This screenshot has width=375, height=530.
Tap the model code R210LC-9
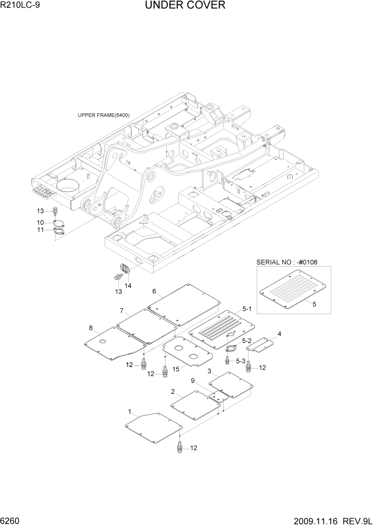[21, 6]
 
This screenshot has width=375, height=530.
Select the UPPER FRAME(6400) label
[104, 115]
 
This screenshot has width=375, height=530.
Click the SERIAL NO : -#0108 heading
[287, 262]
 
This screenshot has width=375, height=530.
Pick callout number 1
[130, 412]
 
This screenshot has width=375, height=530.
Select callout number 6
[154, 292]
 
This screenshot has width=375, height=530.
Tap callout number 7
[122, 311]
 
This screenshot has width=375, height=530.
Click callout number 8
[91, 328]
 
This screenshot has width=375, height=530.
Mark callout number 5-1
[247, 308]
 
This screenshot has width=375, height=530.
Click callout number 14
[128, 286]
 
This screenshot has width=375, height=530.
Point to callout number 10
[41, 222]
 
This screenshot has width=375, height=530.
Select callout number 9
[192, 380]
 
